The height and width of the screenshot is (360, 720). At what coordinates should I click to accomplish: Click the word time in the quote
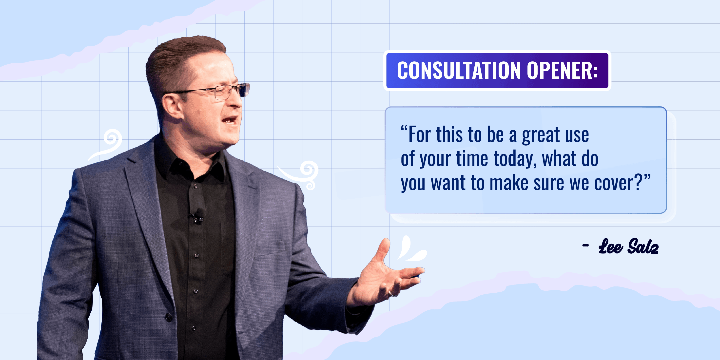click(472, 159)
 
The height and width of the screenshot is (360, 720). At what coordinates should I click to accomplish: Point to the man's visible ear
click(171, 106)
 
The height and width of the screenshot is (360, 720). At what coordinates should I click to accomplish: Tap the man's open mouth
click(230, 120)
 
